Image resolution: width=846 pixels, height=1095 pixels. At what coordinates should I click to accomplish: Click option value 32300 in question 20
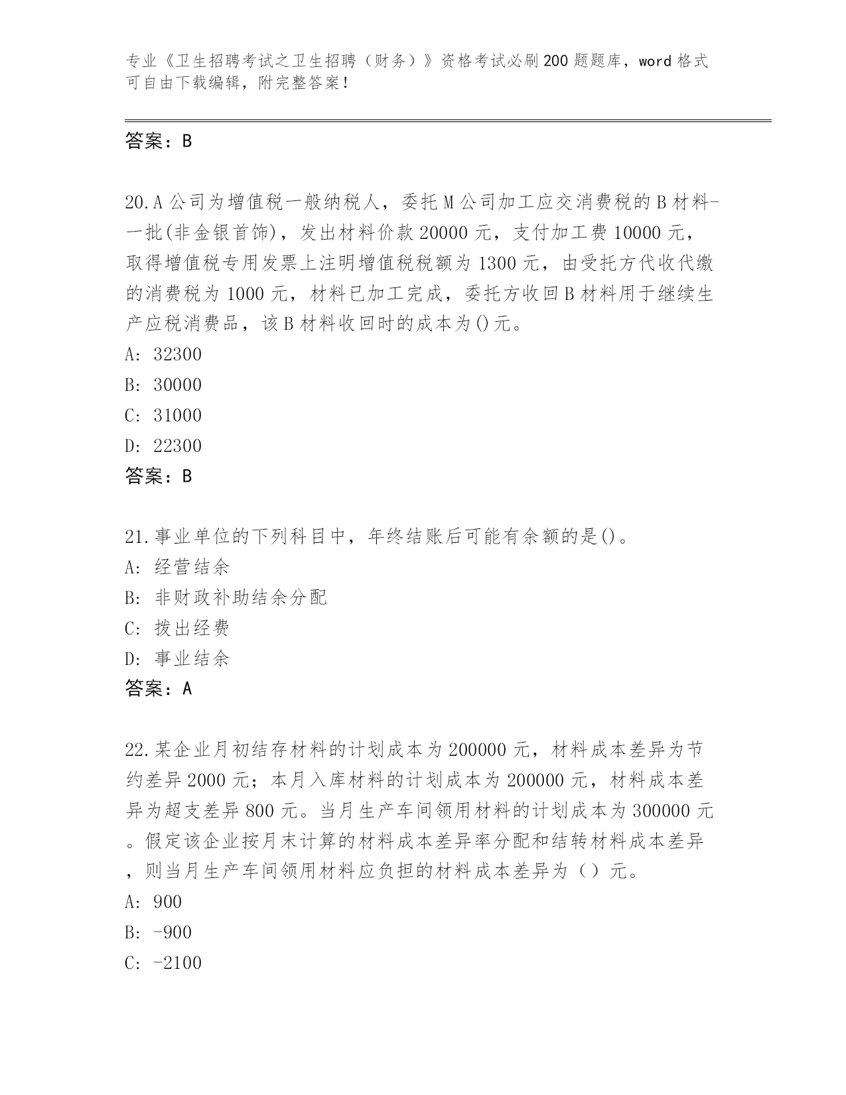pos(177,354)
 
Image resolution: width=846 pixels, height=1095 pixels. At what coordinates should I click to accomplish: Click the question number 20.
pos(136,202)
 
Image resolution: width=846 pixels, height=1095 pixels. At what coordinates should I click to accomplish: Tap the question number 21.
pos(136,536)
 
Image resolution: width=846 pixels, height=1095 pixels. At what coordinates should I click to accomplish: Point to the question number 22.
pos(136,750)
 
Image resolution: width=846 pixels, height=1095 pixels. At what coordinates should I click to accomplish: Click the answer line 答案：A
pos(159,689)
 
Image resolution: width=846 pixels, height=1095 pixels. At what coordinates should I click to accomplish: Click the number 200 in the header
pos(555,62)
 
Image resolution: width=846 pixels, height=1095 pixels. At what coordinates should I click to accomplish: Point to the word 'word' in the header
pos(656,62)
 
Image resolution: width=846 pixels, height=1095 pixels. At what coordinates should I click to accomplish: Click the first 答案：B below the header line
pos(159,141)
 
